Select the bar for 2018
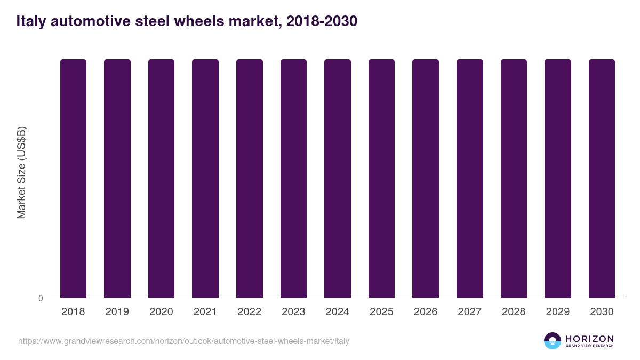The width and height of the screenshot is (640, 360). click(73, 178)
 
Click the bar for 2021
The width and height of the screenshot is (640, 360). click(205, 178)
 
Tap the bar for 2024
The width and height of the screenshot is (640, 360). click(338, 178)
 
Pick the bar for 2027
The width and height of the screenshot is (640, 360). click(470, 178)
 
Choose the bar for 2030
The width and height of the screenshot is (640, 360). click(602, 178)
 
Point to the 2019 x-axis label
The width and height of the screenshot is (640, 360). click(117, 312)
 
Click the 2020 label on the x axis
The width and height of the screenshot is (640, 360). click(161, 312)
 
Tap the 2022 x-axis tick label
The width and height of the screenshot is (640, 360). click(249, 312)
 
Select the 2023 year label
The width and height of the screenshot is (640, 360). click(293, 312)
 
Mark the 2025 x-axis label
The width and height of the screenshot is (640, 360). click(381, 312)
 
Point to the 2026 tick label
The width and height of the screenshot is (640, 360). click(426, 312)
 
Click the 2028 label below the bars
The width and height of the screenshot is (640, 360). click(514, 312)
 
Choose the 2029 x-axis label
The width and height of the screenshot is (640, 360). click(558, 312)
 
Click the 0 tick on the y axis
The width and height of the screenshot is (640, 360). click(41, 298)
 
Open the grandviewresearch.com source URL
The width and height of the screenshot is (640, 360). click(183, 341)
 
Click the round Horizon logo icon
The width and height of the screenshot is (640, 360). click(552, 341)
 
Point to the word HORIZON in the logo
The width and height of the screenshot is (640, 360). click(589, 338)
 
